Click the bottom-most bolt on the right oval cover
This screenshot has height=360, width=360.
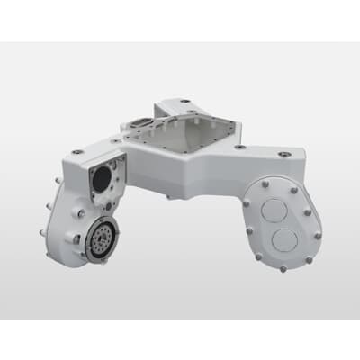pyautogui.click(x=283, y=267)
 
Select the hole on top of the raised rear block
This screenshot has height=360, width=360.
pyautogui.click(x=184, y=102)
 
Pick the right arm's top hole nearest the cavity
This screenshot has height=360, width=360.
pyautogui.click(x=239, y=146)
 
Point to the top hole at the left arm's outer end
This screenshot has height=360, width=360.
pyautogui.click(x=77, y=152)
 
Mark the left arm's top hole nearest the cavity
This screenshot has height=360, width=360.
pyautogui.click(x=115, y=140)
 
